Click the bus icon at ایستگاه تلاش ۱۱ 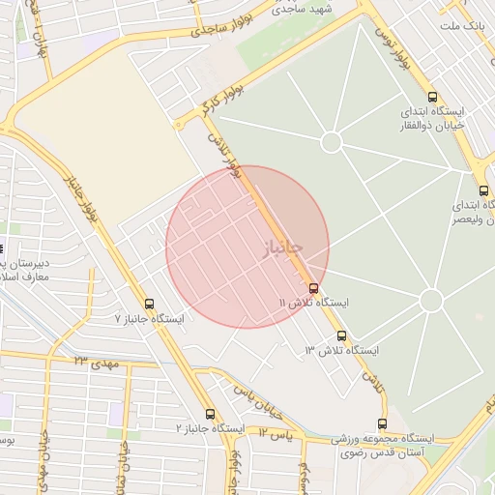312,287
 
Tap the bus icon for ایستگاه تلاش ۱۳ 341,335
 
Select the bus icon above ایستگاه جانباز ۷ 149,303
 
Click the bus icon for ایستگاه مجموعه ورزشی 382,423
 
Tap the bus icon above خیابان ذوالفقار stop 431,97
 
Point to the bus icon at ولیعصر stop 482,190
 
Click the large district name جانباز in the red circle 282,247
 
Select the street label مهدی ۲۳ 95,362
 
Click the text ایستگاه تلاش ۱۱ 314,303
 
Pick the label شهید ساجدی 302,9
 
